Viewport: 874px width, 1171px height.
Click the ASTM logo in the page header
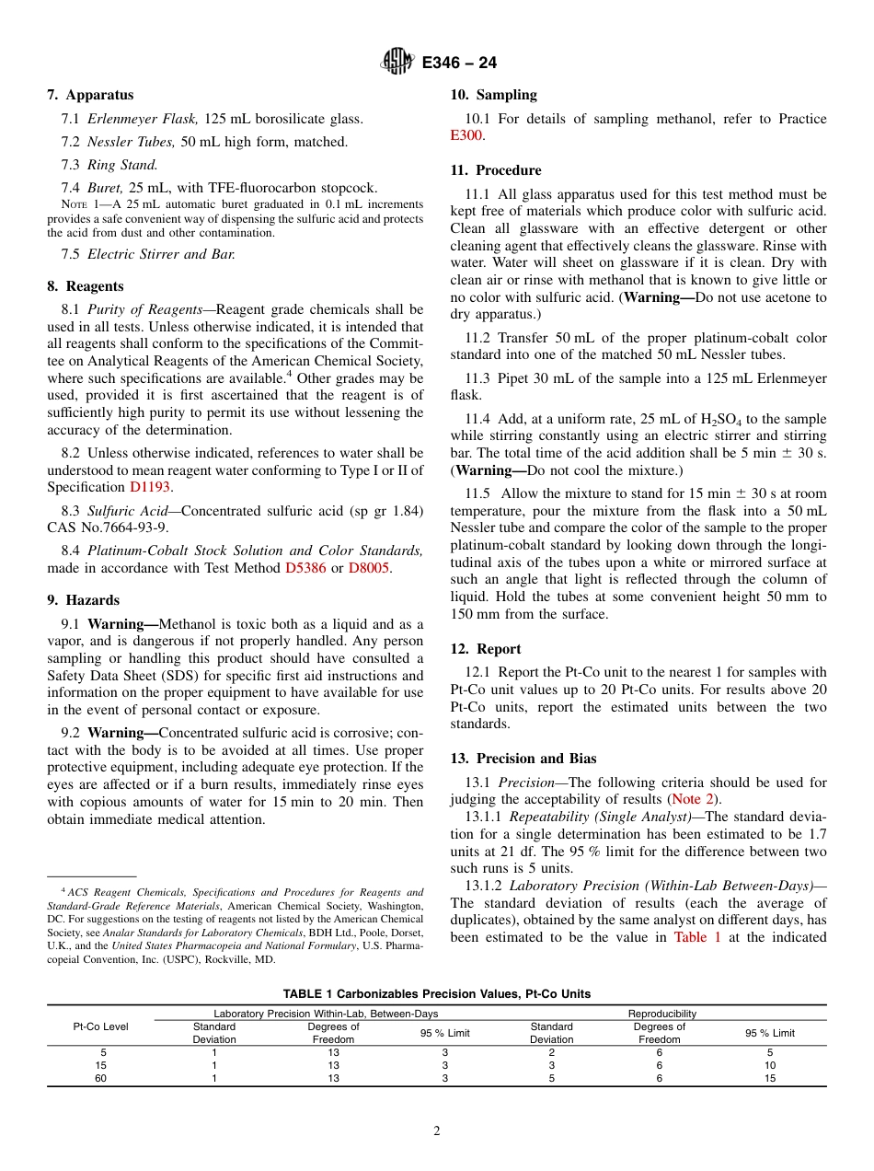[397, 63]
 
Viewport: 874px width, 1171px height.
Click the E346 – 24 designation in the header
[459, 64]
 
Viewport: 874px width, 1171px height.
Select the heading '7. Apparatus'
[90, 95]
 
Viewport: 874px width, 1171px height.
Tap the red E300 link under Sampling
[466, 135]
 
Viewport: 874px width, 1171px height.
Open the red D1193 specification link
[150, 487]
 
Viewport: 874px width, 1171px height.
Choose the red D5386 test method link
[305, 568]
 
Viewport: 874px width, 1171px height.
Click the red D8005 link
[369, 568]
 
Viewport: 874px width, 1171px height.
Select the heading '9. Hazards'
[83, 600]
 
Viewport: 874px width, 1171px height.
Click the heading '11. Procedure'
[496, 170]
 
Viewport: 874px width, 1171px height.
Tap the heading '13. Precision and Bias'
[523, 759]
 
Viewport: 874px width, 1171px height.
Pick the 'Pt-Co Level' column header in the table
[101, 1026]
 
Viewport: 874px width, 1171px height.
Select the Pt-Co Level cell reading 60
[101, 1078]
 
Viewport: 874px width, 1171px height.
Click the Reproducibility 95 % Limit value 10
[769, 1065]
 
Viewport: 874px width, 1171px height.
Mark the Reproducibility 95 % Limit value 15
[769, 1078]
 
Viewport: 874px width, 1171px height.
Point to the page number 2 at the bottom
[437, 1131]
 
